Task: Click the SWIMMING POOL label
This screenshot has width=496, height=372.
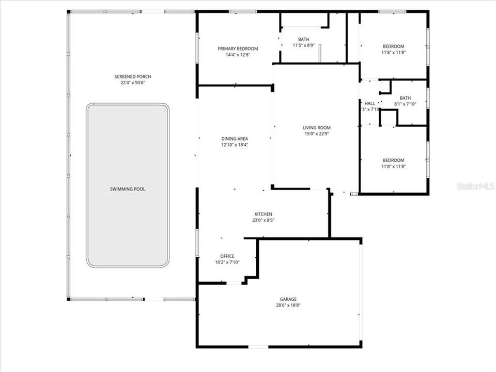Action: pos(128,189)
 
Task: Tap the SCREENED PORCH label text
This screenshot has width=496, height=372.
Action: pos(133,76)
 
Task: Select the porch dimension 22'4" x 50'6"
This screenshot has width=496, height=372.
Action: pos(133,83)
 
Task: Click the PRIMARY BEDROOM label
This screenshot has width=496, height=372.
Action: pos(238,49)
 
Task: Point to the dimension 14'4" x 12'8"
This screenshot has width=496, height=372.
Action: pos(238,55)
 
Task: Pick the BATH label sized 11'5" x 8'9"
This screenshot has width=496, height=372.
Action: pos(303,39)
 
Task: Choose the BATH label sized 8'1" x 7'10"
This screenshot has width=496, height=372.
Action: pos(405,98)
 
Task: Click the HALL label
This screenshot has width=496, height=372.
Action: pos(370,103)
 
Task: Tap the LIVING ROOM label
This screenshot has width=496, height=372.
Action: pos(317,128)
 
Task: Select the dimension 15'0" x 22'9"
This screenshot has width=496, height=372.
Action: pos(317,134)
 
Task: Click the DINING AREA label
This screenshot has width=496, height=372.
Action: pos(235,138)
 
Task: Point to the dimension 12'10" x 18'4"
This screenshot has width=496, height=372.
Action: pos(235,145)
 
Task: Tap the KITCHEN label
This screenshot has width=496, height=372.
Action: pos(263,214)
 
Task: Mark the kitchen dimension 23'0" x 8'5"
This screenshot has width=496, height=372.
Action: pos(263,221)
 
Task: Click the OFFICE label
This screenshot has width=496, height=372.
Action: pos(227,256)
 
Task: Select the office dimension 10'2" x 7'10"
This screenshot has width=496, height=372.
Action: pos(227,262)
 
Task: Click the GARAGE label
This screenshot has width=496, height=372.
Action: pos(289,299)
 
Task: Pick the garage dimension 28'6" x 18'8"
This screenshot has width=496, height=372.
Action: pos(289,305)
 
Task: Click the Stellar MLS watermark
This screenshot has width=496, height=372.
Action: pos(475,185)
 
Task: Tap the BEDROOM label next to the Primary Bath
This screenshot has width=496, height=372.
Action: pos(393,46)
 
